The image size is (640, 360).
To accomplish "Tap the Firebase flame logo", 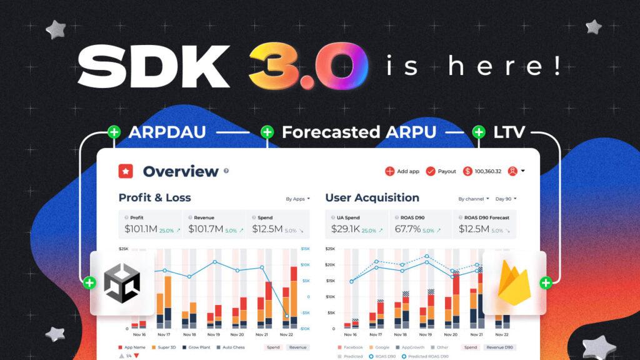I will (514, 283).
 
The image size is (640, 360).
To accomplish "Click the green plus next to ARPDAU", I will (114, 132).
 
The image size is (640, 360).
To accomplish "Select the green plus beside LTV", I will (479, 132).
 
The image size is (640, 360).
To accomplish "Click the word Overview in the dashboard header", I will (181, 171).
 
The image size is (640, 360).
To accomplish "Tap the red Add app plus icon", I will (389, 171).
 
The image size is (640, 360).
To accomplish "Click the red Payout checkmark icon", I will (431, 171).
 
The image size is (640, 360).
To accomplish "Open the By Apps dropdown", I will (297, 199).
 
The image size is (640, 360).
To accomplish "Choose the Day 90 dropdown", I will (506, 199).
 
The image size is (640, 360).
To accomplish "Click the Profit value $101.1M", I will (140, 229).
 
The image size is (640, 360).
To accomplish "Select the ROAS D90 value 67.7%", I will (407, 229).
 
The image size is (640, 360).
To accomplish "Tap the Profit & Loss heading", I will (155, 197).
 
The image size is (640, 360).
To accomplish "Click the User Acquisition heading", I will (372, 197).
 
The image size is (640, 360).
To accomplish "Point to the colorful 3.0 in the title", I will (307, 67).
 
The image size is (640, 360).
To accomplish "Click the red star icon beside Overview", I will (126, 171).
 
